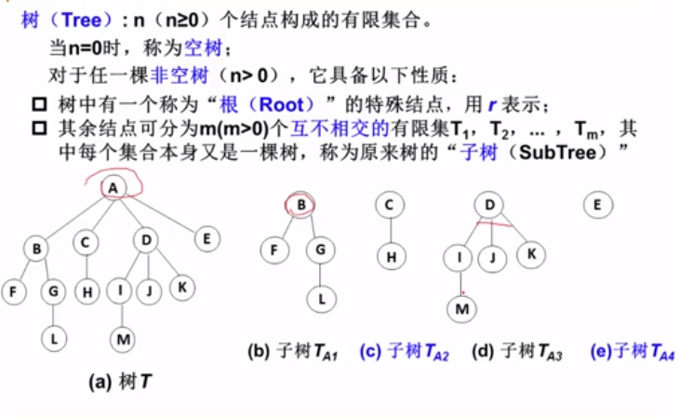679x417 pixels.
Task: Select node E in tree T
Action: [x=206, y=239]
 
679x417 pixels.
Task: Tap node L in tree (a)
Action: [x=55, y=340]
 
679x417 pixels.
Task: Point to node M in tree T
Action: [x=123, y=340]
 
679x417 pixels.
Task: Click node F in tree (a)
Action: [x=13, y=291]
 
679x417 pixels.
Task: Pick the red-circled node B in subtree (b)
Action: [x=301, y=206]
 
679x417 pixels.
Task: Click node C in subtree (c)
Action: [x=390, y=206]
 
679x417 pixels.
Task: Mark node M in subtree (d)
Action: [x=462, y=304]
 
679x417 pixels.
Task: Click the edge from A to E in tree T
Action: [x=163, y=214]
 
